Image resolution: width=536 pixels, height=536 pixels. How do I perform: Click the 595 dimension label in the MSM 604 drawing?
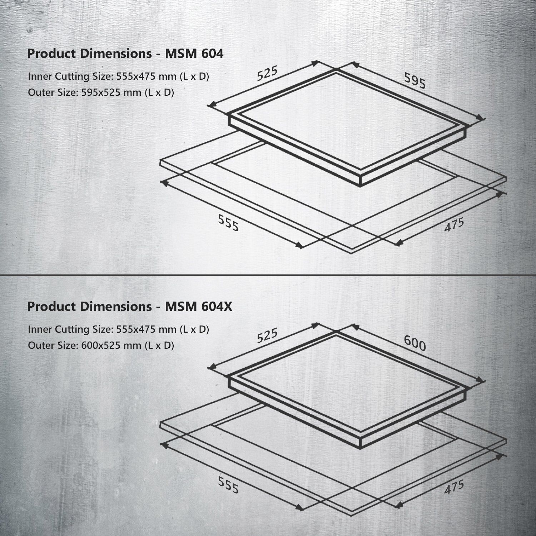[415, 81]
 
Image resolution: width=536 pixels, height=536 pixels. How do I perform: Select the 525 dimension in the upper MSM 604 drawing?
[267, 74]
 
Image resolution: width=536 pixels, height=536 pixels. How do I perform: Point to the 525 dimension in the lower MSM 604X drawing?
[267, 335]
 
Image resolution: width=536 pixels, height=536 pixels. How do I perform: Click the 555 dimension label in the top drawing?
[228, 224]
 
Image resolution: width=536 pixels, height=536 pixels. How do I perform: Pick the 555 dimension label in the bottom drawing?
[228, 486]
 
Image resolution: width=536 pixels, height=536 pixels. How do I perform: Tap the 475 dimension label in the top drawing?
[454, 225]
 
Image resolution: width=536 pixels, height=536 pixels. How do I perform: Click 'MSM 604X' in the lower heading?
[198, 307]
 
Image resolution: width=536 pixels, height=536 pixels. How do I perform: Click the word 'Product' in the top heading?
[51, 54]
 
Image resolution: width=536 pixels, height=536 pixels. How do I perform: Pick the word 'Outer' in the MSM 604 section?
[40, 93]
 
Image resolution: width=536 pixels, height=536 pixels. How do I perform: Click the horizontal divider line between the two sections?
[268, 275]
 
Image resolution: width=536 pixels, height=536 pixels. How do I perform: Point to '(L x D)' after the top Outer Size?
[159, 93]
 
